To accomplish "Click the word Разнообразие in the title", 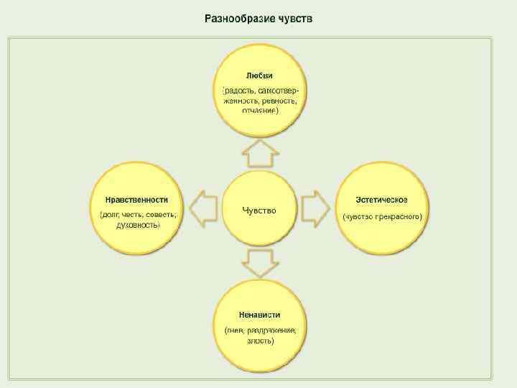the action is point(234,18).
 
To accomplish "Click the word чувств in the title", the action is point(294,18).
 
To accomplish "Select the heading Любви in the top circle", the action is point(259,75).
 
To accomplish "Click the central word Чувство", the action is point(259,210).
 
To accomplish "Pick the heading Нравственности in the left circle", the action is point(136,200).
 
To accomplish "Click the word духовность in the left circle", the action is point(138,225).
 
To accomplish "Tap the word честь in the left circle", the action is point(132,215).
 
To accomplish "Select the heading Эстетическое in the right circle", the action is point(382,200).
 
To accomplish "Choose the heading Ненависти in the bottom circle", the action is point(259,315).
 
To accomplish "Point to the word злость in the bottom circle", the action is point(259,341).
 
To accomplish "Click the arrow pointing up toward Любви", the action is point(259,153).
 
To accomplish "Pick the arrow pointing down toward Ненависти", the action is point(259,264).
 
